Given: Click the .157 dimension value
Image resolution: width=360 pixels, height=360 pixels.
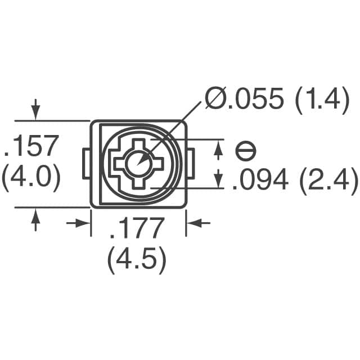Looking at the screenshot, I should pyautogui.click(x=31, y=147).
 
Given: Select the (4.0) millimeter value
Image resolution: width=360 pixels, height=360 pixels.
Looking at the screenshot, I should pyautogui.click(x=31, y=178).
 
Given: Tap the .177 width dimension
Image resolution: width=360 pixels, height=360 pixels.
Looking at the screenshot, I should pyautogui.click(x=137, y=229).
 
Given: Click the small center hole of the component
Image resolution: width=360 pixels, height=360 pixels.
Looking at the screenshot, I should pyautogui.click(x=137, y=163).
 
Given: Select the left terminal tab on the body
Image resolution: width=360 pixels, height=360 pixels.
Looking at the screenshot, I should pyautogui.click(x=86, y=164).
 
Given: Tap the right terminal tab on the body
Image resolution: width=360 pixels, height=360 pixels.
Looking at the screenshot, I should pyautogui.click(x=191, y=164).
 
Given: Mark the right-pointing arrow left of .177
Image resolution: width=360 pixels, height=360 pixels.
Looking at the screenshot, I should pyautogui.click(x=79, y=223).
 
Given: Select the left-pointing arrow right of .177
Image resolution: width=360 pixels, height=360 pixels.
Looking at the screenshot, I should pyautogui.click(x=197, y=223).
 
